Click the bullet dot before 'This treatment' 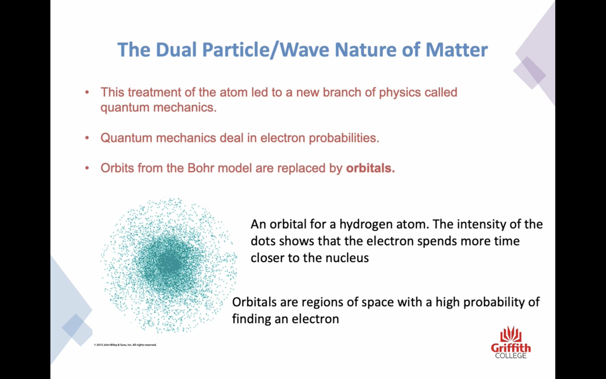pos(87,92)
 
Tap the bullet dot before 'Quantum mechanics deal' pos(87,138)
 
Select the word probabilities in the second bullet pos(344,138)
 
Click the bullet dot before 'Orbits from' pos(87,168)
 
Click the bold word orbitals pos(370,168)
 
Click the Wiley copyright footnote pos(125,345)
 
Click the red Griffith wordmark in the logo pos(511,348)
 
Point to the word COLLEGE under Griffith pos(511,356)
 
